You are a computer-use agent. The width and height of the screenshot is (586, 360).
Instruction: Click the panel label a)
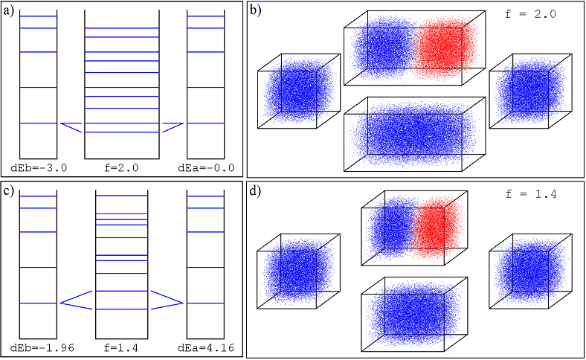(x=9, y=11)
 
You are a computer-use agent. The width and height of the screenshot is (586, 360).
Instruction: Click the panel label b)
(x=255, y=11)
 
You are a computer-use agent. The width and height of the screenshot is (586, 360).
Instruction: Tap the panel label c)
(x=9, y=191)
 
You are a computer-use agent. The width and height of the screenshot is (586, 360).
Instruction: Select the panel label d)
(x=255, y=191)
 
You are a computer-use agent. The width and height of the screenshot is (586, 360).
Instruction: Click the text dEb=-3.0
(x=39, y=168)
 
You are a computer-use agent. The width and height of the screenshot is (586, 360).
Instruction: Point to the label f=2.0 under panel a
(x=121, y=168)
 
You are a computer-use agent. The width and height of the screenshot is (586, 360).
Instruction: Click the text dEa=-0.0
(x=206, y=168)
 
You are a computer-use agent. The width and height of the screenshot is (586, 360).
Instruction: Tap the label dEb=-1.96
(x=42, y=348)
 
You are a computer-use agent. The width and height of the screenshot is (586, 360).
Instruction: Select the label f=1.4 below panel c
(x=121, y=348)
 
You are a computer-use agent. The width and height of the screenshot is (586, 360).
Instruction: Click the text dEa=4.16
(x=206, y=348)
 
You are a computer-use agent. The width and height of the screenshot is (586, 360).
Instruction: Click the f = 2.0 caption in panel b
(x=531, y=14)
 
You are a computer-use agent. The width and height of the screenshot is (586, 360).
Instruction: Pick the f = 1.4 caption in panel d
(x=531, y=194)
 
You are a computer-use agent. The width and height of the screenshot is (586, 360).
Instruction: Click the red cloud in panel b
(x=445, y=48)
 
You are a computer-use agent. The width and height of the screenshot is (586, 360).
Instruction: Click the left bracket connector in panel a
(x=71, y=127)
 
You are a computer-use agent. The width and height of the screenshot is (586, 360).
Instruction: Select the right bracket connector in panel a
(x=173, y=127)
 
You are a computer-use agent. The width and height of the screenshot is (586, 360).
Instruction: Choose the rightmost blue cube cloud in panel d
(x=531, y=271)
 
